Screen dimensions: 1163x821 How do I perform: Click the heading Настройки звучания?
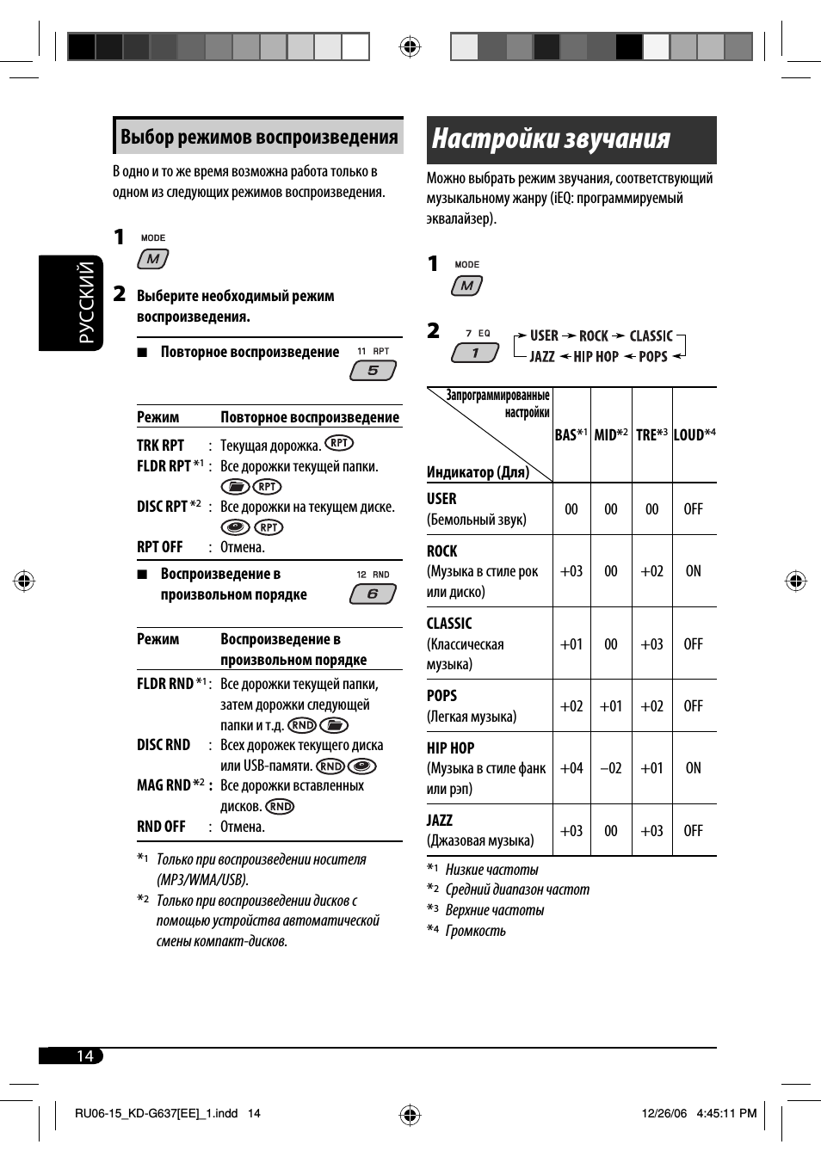click(x=551, y=139)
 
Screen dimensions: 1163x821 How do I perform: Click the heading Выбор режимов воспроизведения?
click(x=258, y=137)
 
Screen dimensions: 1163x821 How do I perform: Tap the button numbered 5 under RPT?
click(x=373, y=371)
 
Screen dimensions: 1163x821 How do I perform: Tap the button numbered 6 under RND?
click(x=373, y=594)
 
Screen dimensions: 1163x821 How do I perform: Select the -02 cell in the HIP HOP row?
click(x=611, y=768)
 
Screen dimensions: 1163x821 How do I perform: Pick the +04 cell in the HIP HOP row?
click(x=571, y=768)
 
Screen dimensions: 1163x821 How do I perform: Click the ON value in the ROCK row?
click(x=694, y=571)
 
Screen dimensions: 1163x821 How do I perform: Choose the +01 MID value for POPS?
click(x=611, y=706)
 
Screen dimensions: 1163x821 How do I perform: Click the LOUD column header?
click(x=694, y=434)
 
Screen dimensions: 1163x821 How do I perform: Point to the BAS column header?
click(x=571, y=434)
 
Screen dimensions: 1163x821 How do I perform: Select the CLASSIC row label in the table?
click(x=449, y=624)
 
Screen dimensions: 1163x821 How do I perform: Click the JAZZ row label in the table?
click(x=440, y=821)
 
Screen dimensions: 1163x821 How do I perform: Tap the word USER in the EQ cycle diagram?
click(x=544, y=335)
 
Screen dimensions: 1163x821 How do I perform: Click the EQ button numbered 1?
click(x=474, y=353)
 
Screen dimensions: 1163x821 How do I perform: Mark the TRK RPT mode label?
click(x=161, y=446)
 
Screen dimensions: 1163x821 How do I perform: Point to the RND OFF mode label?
click(x=161, y=827)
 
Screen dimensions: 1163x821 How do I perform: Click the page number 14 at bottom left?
click(x=84, y=1055)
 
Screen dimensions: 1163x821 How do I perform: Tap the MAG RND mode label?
click(x=164, y=785)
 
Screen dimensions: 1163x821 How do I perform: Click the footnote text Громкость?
click(x=476, y=931)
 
